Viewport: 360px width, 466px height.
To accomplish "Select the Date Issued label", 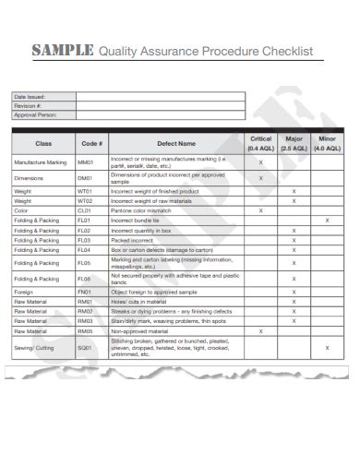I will click(30, 96).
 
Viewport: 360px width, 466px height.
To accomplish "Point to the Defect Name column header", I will click(175, 143).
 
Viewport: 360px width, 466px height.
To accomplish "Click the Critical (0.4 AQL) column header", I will click(260, 143).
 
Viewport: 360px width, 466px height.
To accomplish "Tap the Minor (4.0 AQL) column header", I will click(327, 143).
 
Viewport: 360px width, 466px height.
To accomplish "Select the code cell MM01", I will click(86, 162).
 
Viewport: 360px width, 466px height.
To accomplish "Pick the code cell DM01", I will click(86, 178).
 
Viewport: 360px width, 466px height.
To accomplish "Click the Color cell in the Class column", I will click(22, 210).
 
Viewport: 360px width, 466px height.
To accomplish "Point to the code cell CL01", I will click(85, 210).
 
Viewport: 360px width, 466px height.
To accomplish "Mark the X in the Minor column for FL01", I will click(327, 221).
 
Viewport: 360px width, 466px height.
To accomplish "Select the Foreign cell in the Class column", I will click(25, 291).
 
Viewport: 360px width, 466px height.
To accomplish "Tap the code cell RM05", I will click(86, 330).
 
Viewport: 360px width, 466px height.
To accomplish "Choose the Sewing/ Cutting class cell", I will click(35, 347).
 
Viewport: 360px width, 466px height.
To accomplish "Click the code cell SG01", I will click(86, 347).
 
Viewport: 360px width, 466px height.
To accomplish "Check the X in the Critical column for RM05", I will click(260, 330).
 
